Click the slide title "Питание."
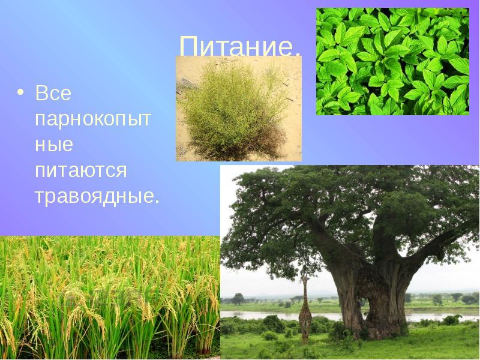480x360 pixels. (x=239, y=46)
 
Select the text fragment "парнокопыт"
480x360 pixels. (x=93, y=119)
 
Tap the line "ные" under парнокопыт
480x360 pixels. (x=53, y=144)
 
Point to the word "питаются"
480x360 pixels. (x=80, y=170)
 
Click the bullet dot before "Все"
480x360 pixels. (x=21, y=94)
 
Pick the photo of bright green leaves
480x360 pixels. (x=392, y=61)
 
